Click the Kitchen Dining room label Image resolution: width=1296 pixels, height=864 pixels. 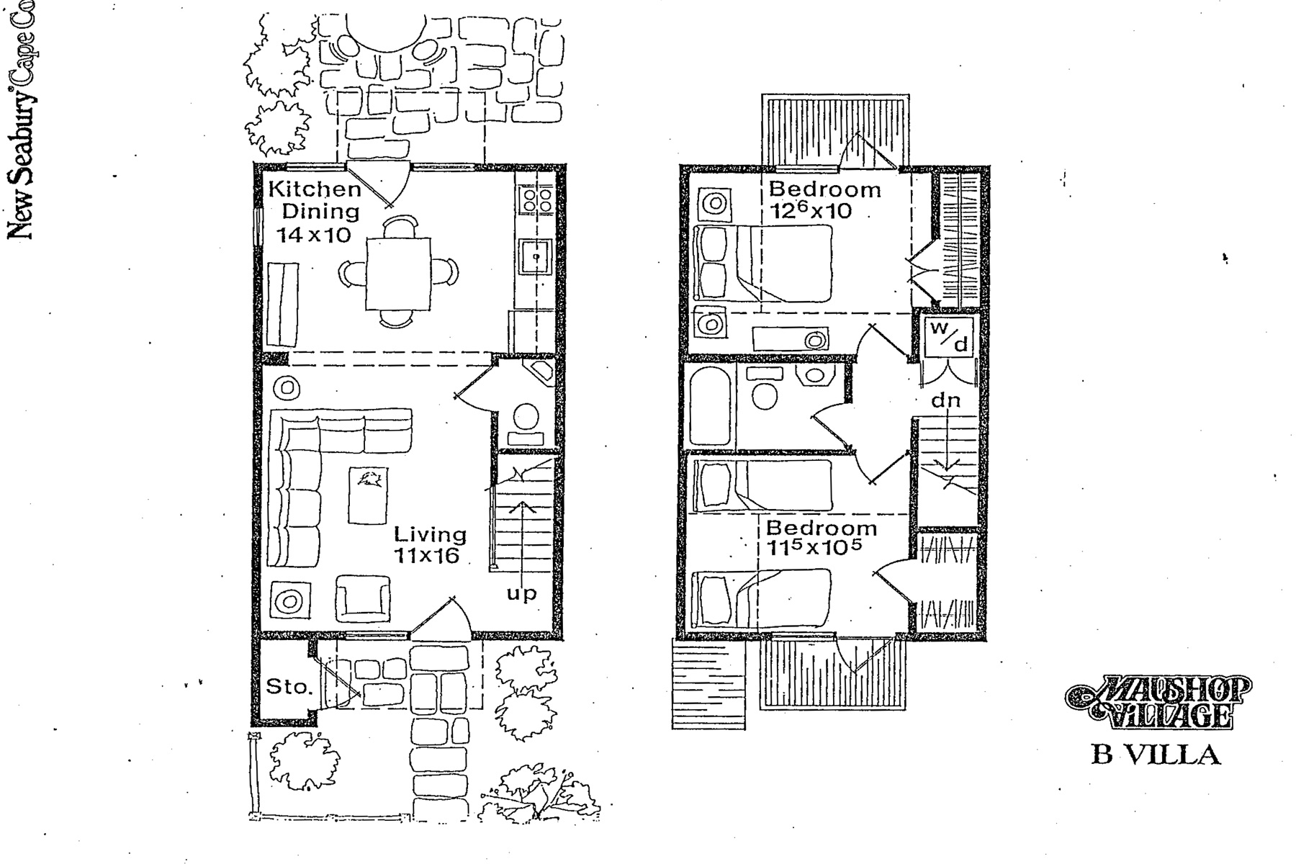(315, 200)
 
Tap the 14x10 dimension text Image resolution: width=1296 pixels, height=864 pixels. (314, 235)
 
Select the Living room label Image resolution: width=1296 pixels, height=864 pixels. (430, 534)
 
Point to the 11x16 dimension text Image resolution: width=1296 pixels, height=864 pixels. (426, 556)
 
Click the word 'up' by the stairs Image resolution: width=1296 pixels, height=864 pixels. (521, 594)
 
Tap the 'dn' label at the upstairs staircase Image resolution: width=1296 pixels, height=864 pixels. (945, 401)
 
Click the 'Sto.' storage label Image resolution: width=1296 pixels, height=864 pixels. (289, 686)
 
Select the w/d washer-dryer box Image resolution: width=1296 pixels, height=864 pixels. (949, 337)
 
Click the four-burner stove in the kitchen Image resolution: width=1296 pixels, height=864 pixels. (536, 199)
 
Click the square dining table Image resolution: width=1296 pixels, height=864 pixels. (398, 274)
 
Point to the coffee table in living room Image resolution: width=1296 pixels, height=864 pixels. (368, 495)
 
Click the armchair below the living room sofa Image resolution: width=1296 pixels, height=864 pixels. (364, 598)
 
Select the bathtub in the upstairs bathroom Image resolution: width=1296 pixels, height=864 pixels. (710, 406)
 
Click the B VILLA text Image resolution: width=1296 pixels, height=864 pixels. (1156, 755)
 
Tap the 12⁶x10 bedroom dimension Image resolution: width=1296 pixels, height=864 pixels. (810, 211)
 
